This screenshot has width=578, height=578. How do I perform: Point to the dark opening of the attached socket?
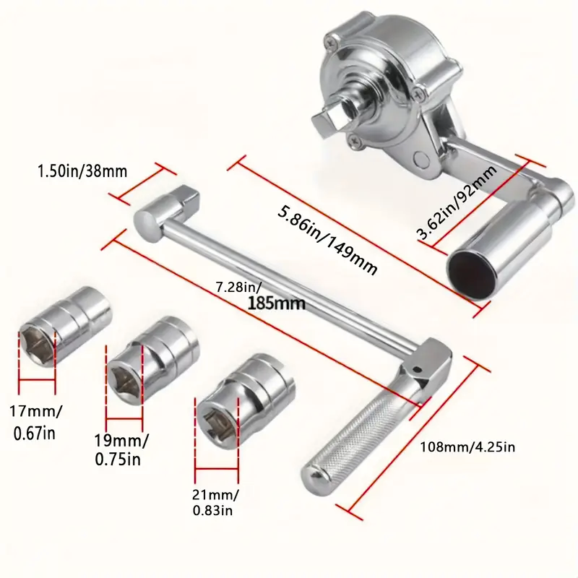470,271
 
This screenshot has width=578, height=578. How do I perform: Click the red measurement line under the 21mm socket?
217,469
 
